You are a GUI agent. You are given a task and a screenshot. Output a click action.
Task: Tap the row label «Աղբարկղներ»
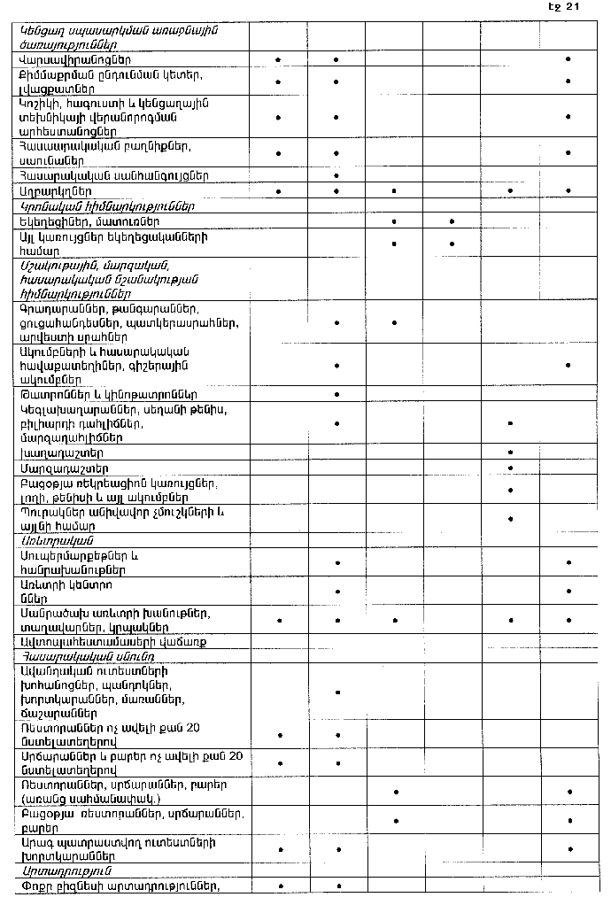click(55, 190)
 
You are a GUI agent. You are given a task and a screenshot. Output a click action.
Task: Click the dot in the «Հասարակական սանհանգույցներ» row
click(336, 175)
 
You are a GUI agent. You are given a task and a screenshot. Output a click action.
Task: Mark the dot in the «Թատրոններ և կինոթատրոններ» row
click(336, 393)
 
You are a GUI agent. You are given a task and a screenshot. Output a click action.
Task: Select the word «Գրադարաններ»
click(59, 309)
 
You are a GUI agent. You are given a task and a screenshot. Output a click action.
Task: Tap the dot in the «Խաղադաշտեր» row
click(511, 452)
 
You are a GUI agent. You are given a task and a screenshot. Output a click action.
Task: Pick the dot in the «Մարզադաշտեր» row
click(511, 467)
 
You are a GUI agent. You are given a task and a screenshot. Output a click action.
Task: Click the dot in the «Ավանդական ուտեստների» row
click(336, 692)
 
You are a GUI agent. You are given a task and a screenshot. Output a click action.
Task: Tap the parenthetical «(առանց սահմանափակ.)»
click(84, 799)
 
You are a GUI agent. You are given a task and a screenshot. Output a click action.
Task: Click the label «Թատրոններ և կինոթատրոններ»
click(108, 394)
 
